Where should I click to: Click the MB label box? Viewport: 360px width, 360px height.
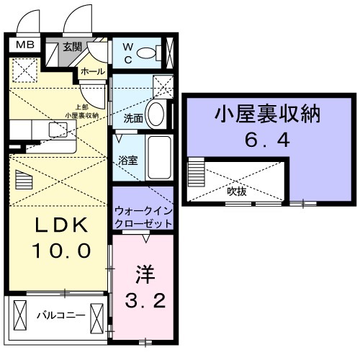26,45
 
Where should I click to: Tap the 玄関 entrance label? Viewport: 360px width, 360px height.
71,47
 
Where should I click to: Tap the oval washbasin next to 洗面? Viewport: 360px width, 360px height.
159,113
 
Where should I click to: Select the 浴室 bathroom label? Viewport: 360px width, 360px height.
129,160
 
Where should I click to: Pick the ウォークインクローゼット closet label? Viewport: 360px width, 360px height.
143,217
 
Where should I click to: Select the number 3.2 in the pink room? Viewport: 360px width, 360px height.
144,300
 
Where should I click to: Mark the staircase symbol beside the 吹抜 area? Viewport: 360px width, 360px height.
197,175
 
